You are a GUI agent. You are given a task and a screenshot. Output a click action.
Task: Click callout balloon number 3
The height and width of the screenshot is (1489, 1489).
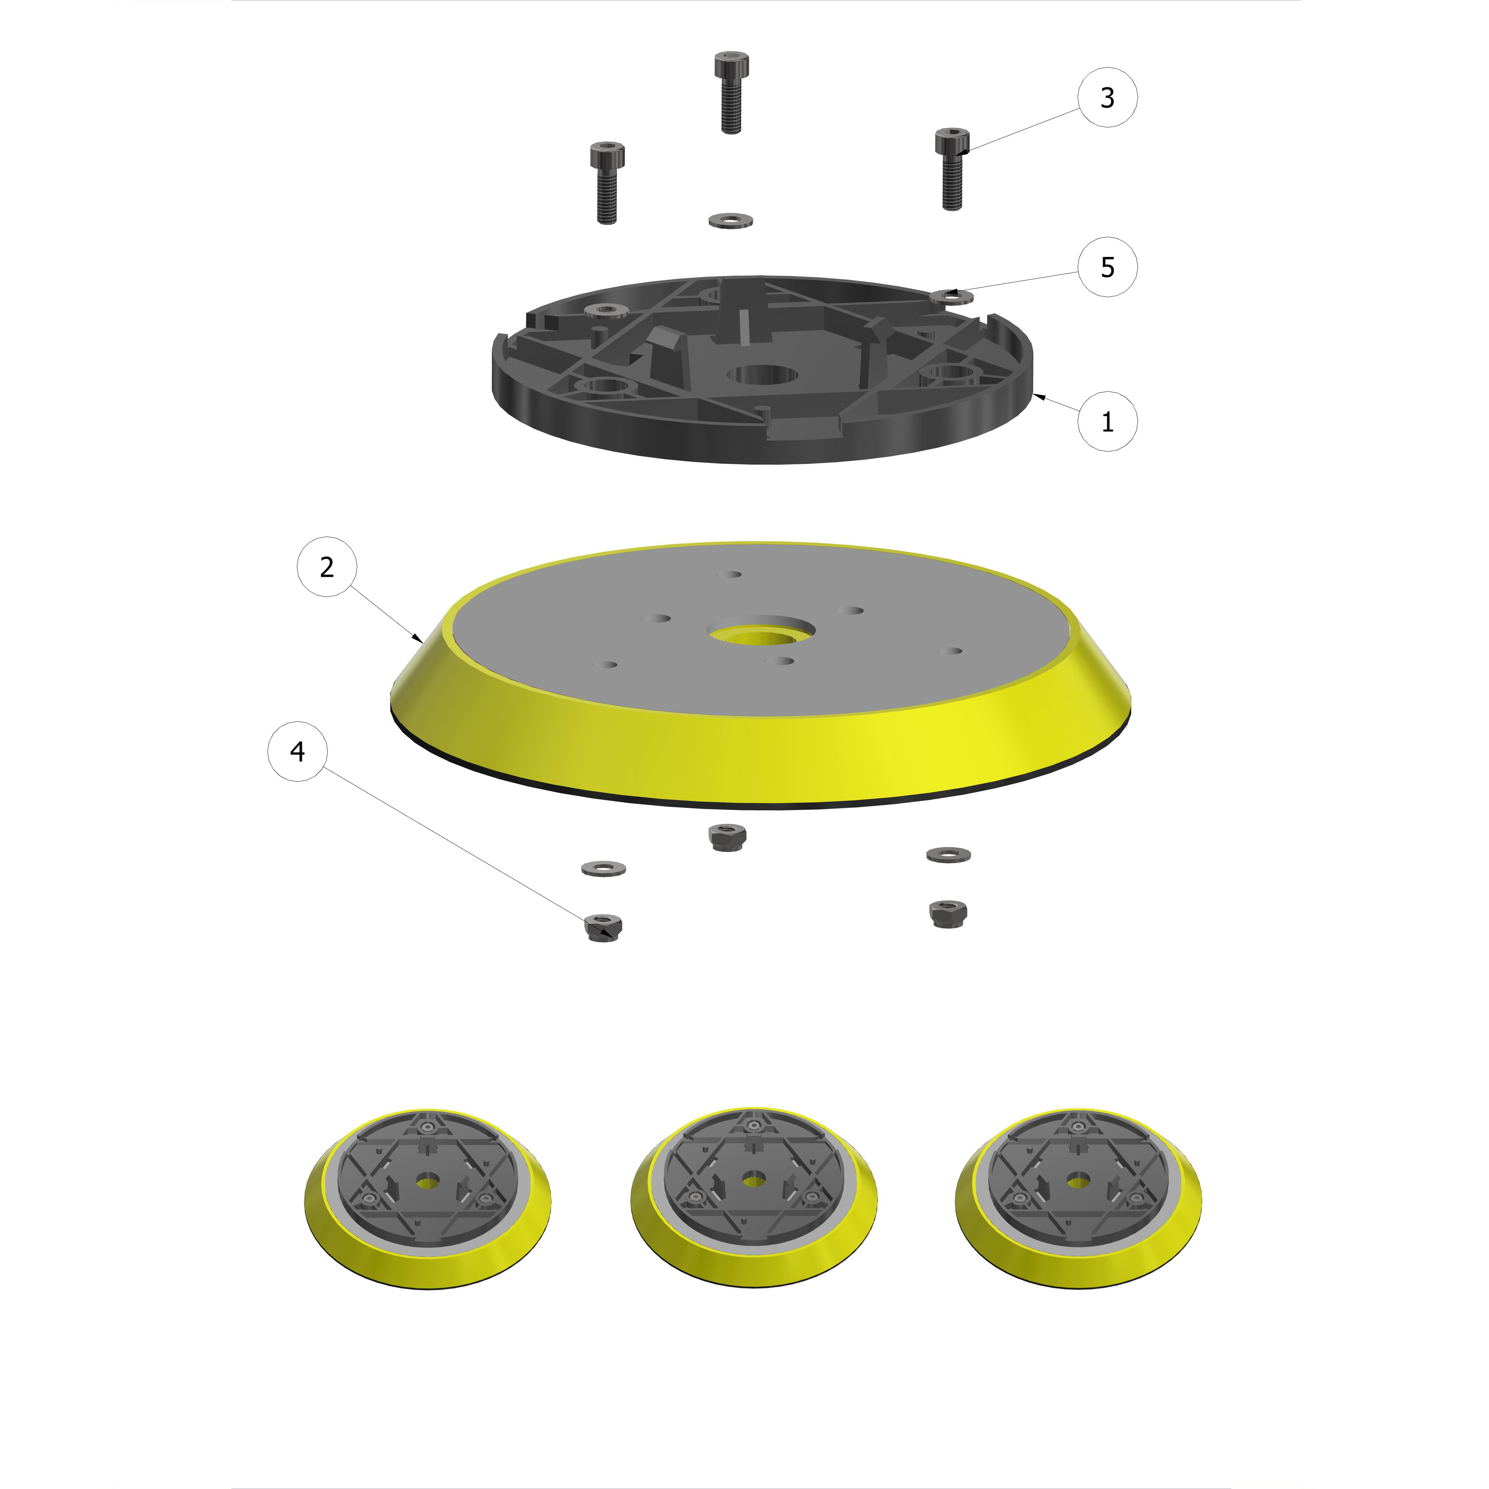pos(1107,98)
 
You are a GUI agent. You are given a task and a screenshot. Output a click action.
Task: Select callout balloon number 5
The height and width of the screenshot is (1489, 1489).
pos(1107,267)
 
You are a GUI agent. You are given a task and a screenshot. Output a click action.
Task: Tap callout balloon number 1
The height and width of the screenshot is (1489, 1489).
pos(1107,422)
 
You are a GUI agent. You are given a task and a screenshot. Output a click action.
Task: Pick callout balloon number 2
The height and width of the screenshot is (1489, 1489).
pos(327,567)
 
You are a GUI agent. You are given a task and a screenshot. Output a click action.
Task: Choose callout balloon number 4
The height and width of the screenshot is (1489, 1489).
pos(297,751)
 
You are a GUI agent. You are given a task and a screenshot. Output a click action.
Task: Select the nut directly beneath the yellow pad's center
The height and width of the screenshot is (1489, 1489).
pos(725,837)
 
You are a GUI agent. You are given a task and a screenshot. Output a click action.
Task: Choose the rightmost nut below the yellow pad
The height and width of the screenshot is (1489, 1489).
pos(948,914)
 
